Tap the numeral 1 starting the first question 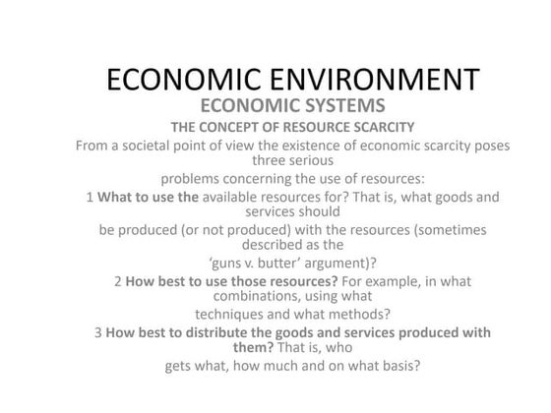click(x=90, y=198)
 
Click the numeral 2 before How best click(x=117, y=281)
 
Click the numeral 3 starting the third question click(x=98, y=332)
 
